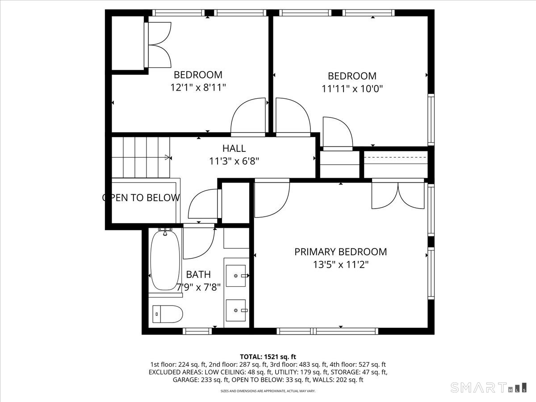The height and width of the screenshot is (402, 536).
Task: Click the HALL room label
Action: [x=234, y=148]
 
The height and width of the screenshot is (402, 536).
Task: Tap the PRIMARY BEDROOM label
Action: [x=341, y=252]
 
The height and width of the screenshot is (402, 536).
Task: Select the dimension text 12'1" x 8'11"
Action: [x=198, y=88]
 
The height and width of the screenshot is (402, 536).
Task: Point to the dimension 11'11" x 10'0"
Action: [x=352, y=89]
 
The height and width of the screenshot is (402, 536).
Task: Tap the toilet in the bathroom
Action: [x=167, y=314]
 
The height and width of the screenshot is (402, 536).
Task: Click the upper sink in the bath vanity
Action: [x=236, y=276]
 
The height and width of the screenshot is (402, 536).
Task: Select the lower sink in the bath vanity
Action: [x=236, y=310]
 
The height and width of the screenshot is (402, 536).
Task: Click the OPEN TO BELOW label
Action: [x=141, y=198]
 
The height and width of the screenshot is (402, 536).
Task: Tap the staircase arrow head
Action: [x=167, y=157]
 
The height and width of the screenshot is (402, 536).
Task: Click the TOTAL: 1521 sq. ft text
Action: [x=268, y=357]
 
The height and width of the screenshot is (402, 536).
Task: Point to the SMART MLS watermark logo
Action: [x=488, y=388]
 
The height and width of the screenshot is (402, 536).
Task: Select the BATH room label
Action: [x=198, y=275]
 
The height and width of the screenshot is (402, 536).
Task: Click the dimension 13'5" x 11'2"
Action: [x=341, y=264]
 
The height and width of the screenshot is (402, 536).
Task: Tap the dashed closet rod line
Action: [x=396, y=157]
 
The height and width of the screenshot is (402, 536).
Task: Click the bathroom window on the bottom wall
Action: [x=197, y=331]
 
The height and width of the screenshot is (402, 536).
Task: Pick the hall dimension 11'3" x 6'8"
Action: [x=234, y=161]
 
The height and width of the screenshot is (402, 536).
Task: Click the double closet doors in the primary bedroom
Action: [x=398, y=194]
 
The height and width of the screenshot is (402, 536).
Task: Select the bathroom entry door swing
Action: [x=199, y=241]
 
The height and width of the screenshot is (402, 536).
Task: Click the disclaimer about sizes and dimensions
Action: [x=268, y=391]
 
